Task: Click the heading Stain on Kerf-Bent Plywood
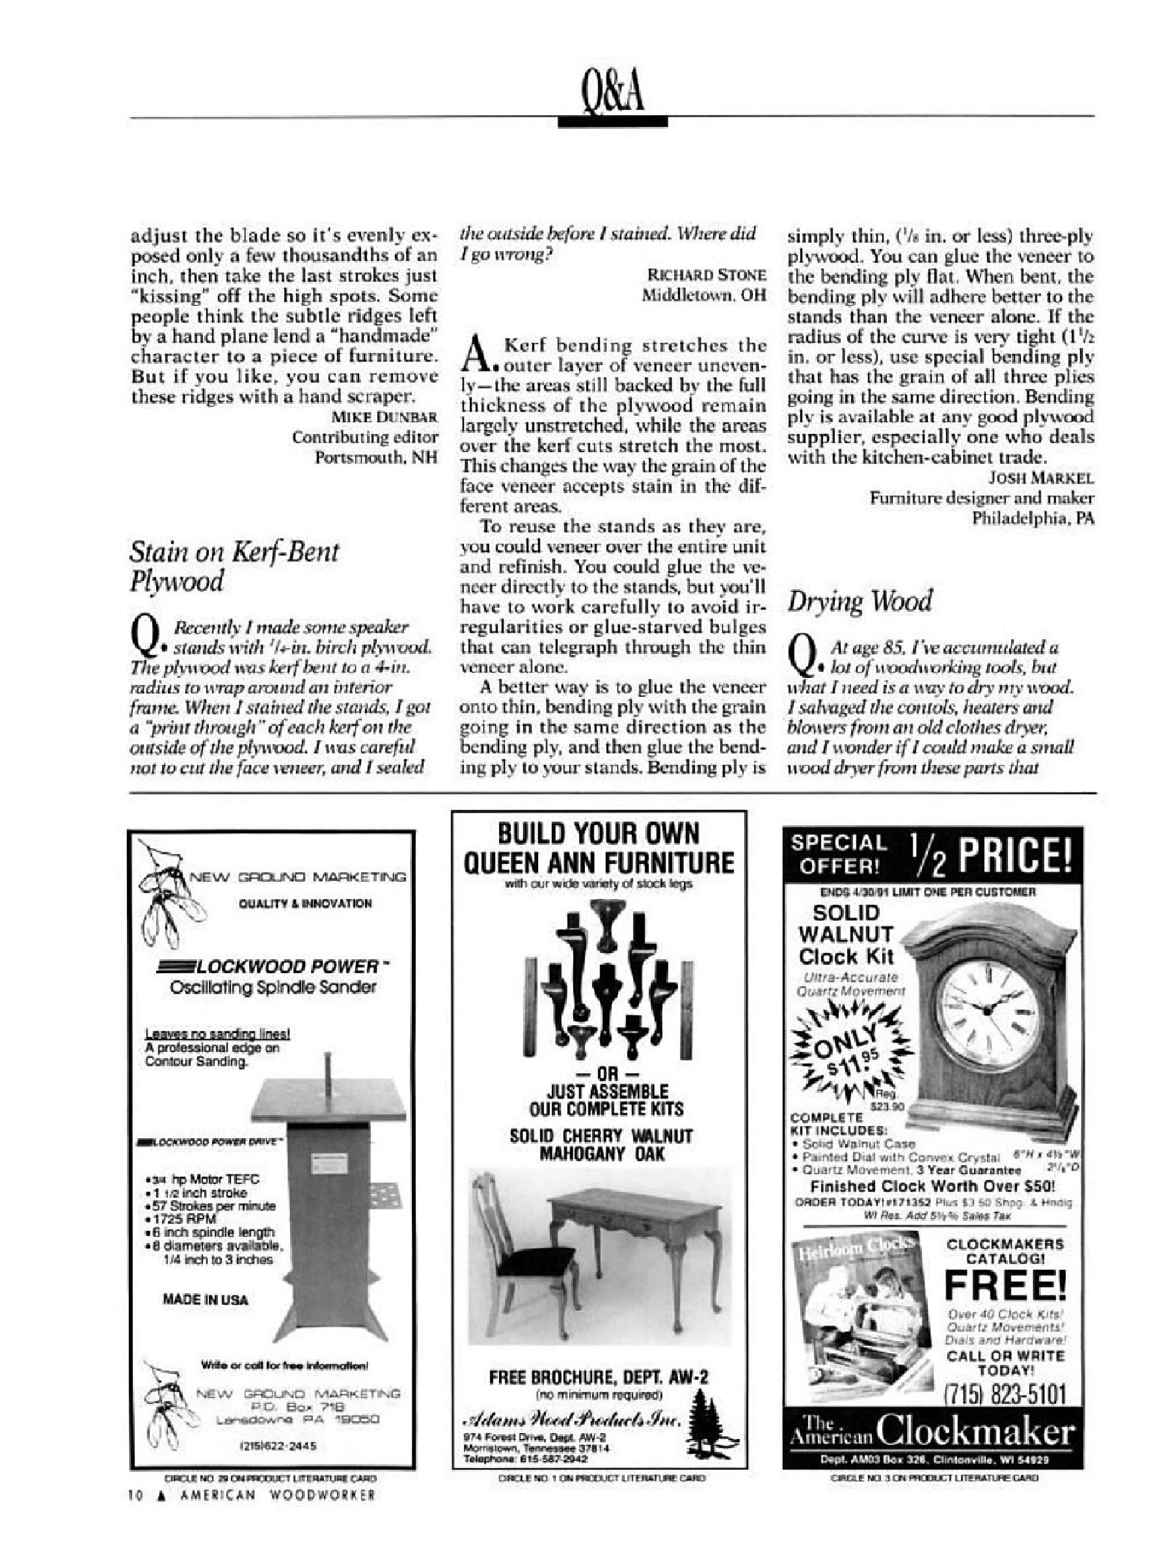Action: point(233,566)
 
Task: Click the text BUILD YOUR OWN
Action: point(598,834)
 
